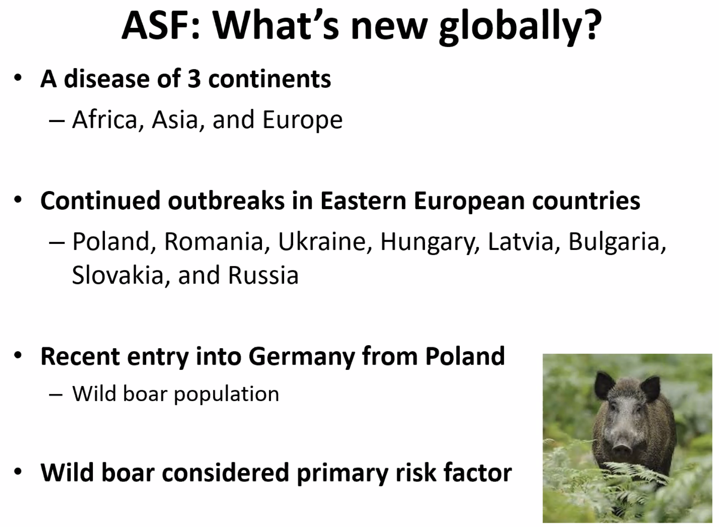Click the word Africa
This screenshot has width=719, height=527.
pos(105,119)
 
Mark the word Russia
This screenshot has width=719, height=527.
pos(263,275)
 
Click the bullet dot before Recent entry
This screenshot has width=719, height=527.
pos(18,356)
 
